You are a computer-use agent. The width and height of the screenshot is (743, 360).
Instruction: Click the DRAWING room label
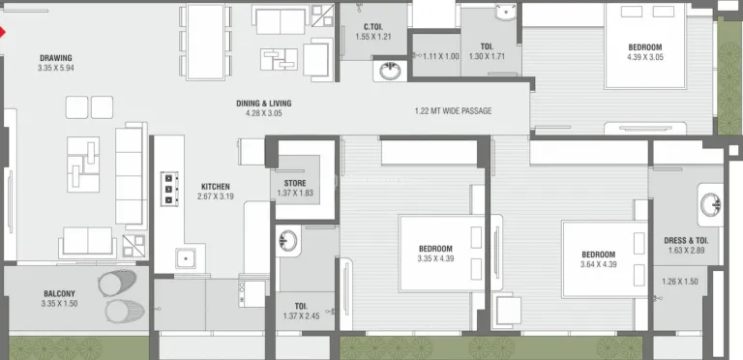coord(55,58)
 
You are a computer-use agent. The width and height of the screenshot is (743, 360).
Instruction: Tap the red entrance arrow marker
coord(2,32)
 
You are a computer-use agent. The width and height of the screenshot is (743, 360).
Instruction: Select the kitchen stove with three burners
coord(169,189)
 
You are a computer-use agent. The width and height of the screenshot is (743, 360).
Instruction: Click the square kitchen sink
coord(186,258)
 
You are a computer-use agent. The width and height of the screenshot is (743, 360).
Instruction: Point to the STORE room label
coord(295,183)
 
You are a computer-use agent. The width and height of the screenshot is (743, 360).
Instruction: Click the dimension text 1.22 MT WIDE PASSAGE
coord(453,111)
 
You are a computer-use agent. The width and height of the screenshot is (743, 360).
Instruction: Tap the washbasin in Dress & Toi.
coord(710,205)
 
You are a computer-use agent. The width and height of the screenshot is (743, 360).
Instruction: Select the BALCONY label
coord(59,293)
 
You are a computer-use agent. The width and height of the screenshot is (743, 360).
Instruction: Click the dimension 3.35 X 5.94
coord(55,68)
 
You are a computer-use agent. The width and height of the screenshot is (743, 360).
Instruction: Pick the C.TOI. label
coord(372,27)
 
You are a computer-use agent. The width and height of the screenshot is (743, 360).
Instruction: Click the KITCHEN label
coord(215,187)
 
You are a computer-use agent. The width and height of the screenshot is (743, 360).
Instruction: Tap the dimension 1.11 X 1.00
coord(441,56)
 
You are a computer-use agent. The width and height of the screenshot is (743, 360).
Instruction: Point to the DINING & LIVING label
coord(263,104)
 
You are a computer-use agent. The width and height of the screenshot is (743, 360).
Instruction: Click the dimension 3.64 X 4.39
coord(599,264)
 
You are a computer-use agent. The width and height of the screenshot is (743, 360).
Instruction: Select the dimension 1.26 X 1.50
coord(679,282)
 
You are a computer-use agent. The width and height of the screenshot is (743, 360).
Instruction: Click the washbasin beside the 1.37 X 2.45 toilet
coord(287,241)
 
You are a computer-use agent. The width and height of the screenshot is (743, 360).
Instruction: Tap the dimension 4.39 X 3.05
coord(645,57)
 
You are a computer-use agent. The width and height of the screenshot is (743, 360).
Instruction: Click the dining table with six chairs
coord(206,42)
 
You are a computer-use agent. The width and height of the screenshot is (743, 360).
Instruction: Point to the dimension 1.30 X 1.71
coord(487,56)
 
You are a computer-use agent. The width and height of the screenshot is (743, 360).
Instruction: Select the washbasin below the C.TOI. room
coord(390,71)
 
